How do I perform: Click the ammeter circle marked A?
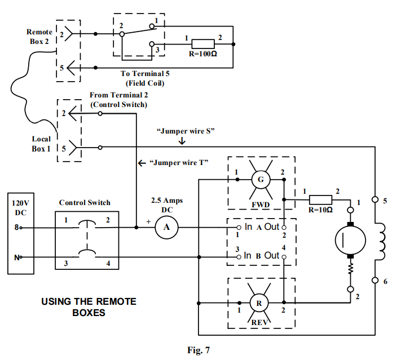pyautogui.click(x=166, y=227)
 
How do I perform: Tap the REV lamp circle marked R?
pyautogui.click(x=259, y=303)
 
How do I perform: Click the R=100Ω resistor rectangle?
pyautogui.click(x=203, y=45)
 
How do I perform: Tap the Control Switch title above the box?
pyautogui.click(x=85, y=202)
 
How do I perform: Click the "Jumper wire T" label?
pyautogui.click(x=179, y=163)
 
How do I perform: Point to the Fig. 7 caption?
pyautogui.click(x=198, y=350)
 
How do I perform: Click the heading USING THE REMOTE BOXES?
pyautogui.click(x=89, y=306)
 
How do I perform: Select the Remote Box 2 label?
pyautogui.click(x=39, y=37)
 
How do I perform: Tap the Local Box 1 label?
pyautogui.click(x=41, y=144)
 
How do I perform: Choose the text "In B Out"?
pyautogui.click(x=262, y=255)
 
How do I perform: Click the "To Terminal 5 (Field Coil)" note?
pyautogui.click(x=145, y=78)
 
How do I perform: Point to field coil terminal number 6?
pyautogui.click(x=385, y=281)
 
